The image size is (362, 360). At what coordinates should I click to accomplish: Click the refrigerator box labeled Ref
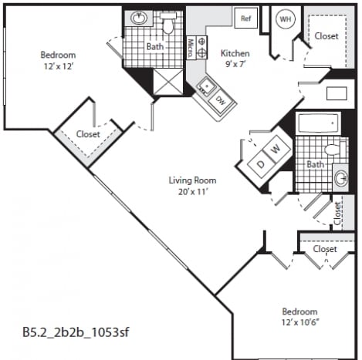(x=246, y=18)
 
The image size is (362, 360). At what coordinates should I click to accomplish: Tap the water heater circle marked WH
(x=286, y=19)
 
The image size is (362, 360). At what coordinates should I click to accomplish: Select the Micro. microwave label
(x=191, y=48)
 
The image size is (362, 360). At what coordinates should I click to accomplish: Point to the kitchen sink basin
(x=207, y=86)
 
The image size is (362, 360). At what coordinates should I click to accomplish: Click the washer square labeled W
(x=276, y=149)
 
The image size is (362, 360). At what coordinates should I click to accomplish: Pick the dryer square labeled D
(x=261, y=164)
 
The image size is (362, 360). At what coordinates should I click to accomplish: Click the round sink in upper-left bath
(x=139, y=18)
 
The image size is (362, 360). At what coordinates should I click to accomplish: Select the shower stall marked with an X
(x=168, y=82)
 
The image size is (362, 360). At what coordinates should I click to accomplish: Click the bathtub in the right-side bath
(x=318, y=123)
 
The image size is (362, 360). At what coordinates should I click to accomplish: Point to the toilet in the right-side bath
(x=335, y=149)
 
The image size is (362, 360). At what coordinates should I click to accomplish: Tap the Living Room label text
(x=192, y=180)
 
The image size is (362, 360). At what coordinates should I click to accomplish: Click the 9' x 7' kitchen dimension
(x=235, y=63)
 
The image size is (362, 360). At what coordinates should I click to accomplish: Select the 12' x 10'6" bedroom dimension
(x=300, y=322)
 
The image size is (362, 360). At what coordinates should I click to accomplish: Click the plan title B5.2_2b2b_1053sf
(x=76, y=332)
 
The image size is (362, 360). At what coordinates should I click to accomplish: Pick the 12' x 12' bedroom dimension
(x=59, y=66)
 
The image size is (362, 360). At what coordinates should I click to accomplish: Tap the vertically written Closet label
(x=337, y=213)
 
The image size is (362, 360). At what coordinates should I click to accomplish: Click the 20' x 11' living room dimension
(x=193, y=191)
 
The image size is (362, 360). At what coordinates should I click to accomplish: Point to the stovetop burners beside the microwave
(x=201, y=48)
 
